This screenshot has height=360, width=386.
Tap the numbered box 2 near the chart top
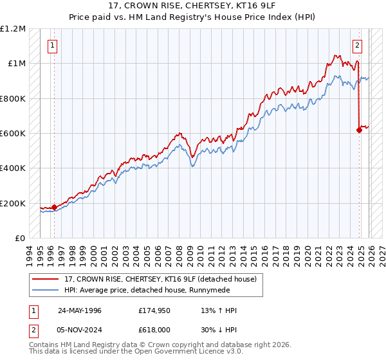[357, 45]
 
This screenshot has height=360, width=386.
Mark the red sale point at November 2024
[359, 130]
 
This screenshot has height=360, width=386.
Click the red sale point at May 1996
[54, 207]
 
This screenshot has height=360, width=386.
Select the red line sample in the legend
[46, 279]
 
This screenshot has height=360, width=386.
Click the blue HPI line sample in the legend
[46, 290]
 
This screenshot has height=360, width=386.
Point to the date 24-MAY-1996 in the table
[80, 310]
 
